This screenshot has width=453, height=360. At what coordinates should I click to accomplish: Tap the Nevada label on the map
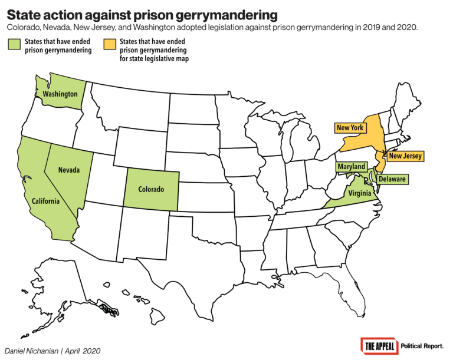[68, 170]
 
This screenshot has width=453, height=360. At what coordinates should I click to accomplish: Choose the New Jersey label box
[406, 156]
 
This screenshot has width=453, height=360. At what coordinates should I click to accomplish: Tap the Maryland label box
[350, 167]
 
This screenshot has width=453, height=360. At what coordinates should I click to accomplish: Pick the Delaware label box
[392, 179]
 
